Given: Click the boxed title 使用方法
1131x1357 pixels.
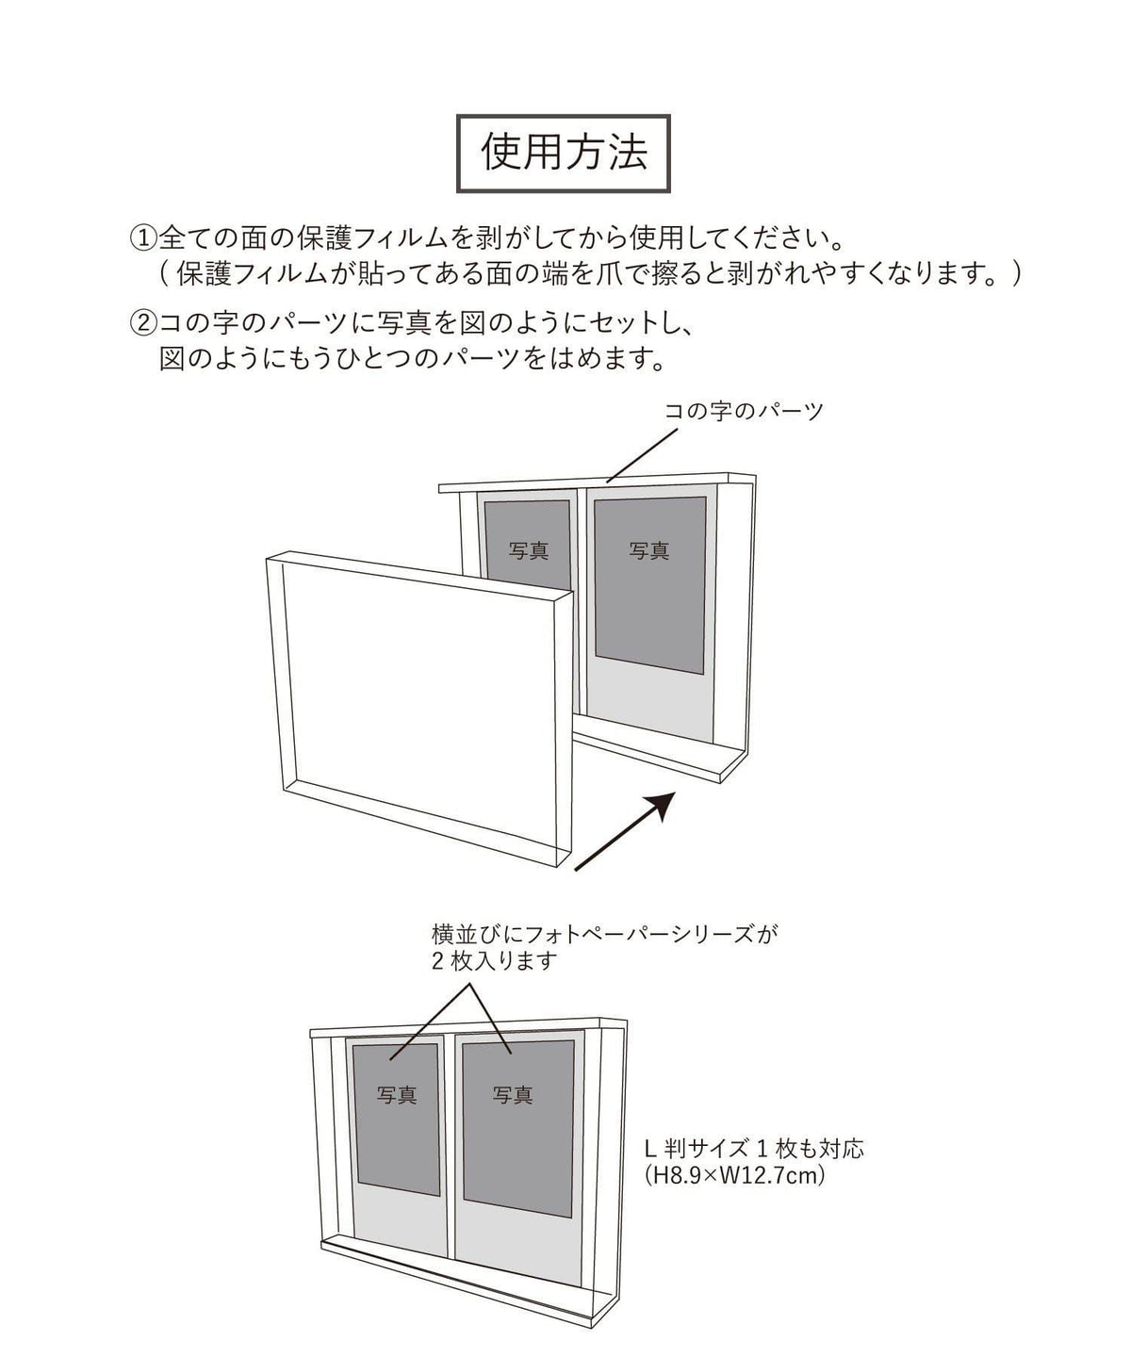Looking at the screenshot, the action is (x=563, y=154).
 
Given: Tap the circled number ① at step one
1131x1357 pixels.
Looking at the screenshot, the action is (x=143, y=238).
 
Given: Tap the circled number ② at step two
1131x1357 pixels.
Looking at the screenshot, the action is (x=143, y=323).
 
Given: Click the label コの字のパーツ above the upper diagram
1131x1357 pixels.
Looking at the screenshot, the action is (x=744, y=411).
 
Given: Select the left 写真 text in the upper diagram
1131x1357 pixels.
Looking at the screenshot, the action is (x=529, y=551).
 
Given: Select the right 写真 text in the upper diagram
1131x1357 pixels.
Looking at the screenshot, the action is (x=648, y=551).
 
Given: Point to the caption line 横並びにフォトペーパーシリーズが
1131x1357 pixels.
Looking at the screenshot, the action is (x=604, y=934).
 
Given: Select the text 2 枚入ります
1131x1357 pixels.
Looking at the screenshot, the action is (x=495, y=960).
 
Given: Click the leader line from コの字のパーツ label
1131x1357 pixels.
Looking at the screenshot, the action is (x=642, y=455).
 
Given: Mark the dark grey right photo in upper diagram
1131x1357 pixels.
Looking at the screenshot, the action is (x=650, y=585).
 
